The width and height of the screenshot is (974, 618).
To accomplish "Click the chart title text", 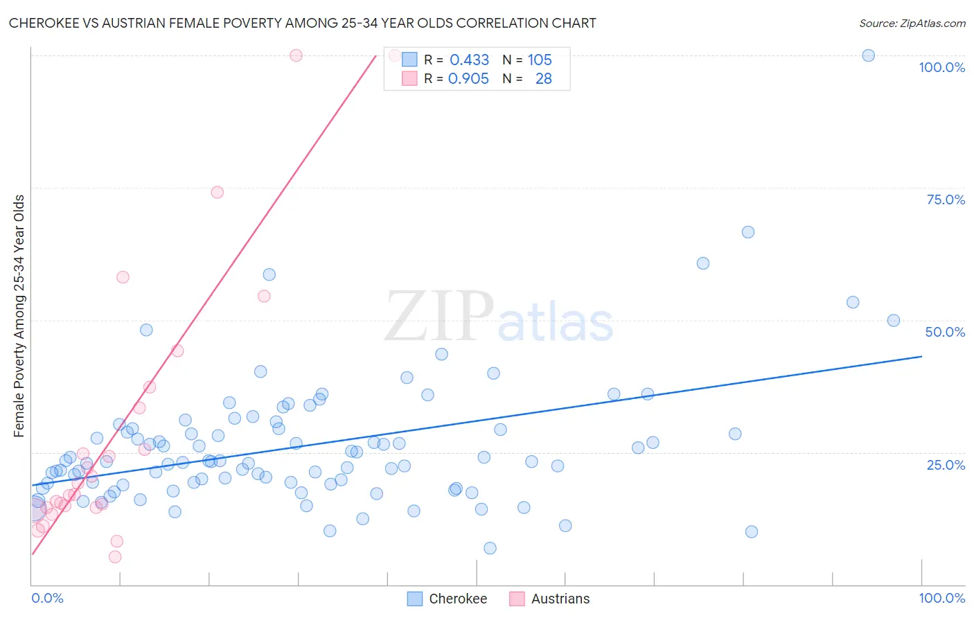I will point(302,23).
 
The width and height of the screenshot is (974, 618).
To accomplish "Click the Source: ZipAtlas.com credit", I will point(912,23).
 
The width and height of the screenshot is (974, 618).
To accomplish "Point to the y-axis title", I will point(19,316).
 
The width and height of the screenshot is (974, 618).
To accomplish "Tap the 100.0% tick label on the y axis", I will point(941,67).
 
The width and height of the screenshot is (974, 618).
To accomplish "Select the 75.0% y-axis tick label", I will point(946,200).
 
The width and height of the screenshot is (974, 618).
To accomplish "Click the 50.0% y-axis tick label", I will point(945,332).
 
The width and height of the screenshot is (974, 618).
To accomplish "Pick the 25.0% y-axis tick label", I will point(946,465).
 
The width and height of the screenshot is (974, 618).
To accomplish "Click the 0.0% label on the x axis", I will point(47,598).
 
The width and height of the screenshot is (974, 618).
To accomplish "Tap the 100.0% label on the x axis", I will point(941,598).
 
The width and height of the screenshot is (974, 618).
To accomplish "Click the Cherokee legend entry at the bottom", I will point(447,599).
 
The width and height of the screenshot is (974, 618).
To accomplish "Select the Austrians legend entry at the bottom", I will point(549,599).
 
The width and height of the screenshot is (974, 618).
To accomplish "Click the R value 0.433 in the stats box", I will point(469,60).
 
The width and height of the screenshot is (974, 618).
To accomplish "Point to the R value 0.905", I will point(468,78).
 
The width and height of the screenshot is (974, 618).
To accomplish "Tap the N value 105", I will point(540,60).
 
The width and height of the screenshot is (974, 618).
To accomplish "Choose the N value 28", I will point(543,78).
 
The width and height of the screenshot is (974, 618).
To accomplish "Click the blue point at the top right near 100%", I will point(868,55).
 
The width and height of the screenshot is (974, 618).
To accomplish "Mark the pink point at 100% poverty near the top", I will point(296,55).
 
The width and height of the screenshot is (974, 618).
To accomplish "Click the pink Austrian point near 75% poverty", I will point(217,192).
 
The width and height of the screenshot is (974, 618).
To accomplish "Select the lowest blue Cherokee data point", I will point(490,548).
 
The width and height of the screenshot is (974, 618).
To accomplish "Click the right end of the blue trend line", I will point(921,356).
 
